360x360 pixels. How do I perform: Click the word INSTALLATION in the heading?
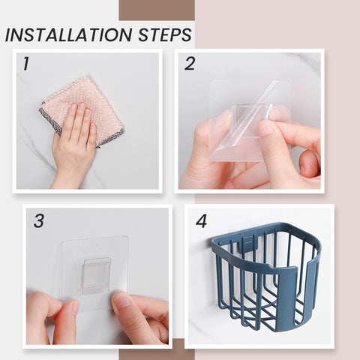68,34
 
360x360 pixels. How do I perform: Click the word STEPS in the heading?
165,34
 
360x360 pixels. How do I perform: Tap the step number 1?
26,64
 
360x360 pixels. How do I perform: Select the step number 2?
190,64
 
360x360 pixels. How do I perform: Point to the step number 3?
39,220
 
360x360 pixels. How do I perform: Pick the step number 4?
201,220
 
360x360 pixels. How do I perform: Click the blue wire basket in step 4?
265,275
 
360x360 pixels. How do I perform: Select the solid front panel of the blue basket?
288,298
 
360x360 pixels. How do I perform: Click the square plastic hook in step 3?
96,275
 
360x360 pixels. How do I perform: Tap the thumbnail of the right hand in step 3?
122,299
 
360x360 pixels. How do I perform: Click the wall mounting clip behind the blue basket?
247,244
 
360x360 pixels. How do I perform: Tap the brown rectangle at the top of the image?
157,10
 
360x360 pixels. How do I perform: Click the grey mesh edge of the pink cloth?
50,119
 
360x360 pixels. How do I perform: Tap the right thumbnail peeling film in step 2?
265,128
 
